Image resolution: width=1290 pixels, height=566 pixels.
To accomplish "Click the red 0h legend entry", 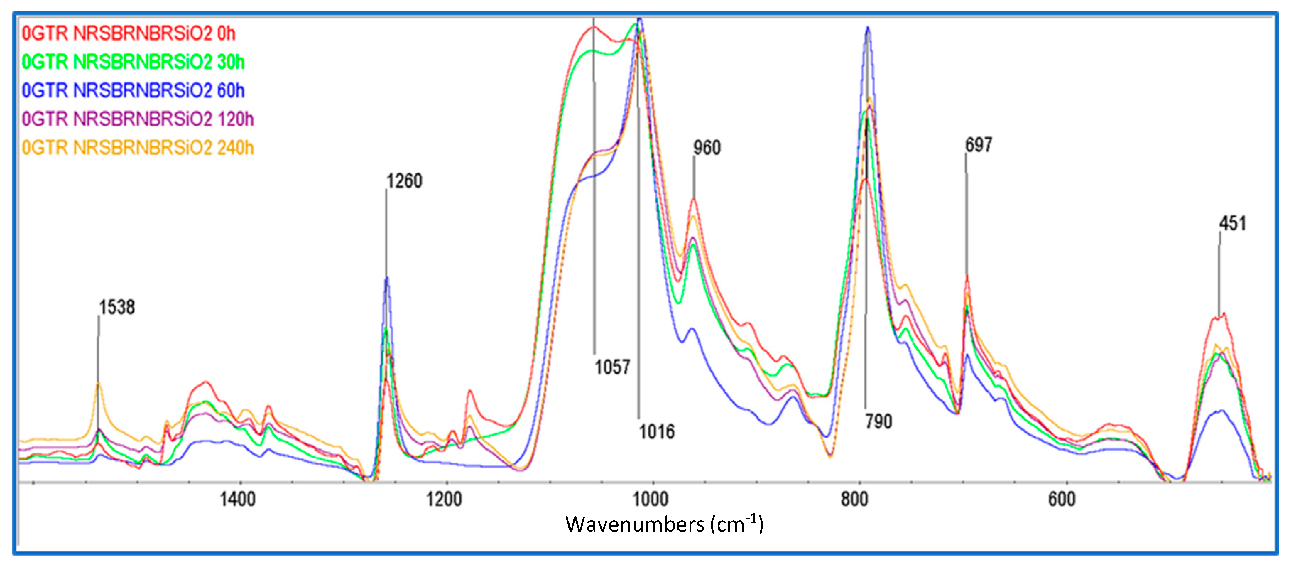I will coord(129,33).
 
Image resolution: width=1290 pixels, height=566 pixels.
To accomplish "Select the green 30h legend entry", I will coord(133,62).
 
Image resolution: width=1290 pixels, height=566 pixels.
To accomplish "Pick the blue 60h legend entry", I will coord(133,91).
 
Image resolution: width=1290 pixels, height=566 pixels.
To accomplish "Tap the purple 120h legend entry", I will coord(138,119).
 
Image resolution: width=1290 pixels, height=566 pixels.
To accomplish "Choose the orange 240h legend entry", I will coord(138,148).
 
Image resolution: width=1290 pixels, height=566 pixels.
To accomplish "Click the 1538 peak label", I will coord(117,307).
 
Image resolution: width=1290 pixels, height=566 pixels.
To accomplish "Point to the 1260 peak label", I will coord(404,181).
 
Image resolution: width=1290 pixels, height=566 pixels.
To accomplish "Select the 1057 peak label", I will coord(612,367).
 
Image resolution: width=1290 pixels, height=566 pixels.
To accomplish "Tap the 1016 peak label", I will coord(656,431).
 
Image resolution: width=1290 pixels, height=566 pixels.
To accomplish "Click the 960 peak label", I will coord(707,148).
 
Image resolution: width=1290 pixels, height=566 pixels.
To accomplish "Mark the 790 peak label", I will coord(878,421).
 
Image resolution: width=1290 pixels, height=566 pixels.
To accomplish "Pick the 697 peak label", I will coord(978,145).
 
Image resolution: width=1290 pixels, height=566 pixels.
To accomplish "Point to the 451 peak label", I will coord(1232,223).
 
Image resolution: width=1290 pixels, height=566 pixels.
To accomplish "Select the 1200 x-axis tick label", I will coord(444,500).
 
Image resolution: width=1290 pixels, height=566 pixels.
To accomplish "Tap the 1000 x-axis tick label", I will coord(651,500).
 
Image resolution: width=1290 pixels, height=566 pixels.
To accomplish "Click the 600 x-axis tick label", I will coord(1062,500).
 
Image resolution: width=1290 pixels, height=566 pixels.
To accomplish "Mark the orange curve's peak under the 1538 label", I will coord(99,383).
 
